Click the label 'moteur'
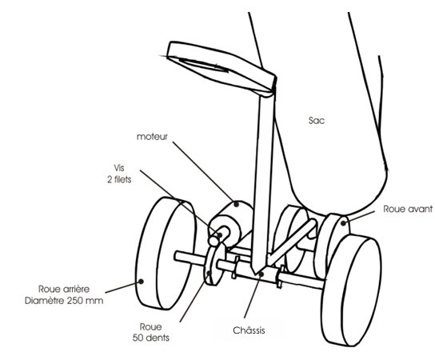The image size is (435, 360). [x=152, y=137]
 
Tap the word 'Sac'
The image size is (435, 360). [x=317, y=121]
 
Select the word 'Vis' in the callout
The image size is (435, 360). [x=119, y=168]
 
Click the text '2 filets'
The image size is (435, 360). [x=119, y=179]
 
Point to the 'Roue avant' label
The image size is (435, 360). [x=408, y=209]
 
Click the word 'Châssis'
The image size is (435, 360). [x=249, y=330]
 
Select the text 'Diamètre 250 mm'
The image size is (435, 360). [x=64, y=301]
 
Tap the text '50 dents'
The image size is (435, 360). [x=151, y=338]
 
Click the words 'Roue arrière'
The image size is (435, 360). [x=64, y=289]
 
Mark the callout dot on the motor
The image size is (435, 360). [x=237, y=204]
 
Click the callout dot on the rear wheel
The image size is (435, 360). [x=142, y=282]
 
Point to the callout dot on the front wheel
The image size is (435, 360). [x=344, y=223]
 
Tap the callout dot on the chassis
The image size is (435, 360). [x=261, y=274]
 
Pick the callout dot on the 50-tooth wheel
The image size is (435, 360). [x=210, y=273]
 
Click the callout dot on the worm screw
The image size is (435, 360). [x=220, y=235]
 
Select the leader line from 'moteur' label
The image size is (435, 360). [x=204, y=173]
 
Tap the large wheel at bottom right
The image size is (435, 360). [x=352, y=290]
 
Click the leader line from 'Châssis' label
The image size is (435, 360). [x=253, y=296]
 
